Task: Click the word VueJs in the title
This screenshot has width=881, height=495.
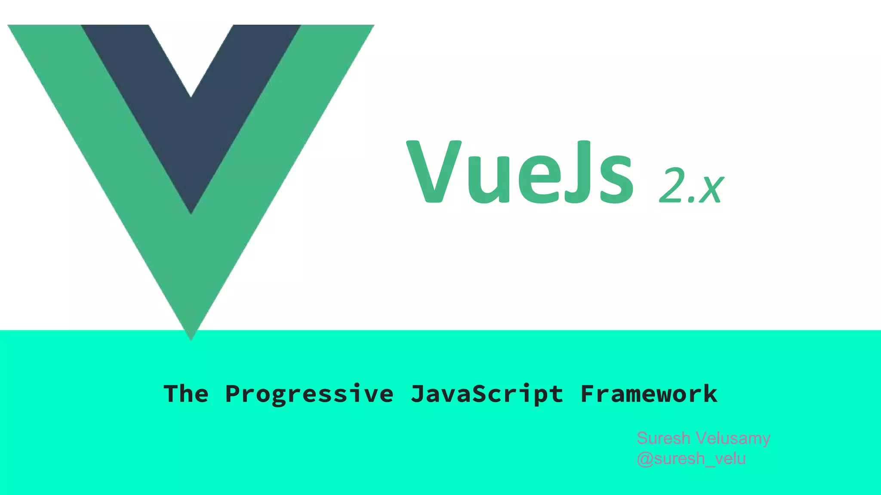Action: pyautogui.click(x=520, y=172)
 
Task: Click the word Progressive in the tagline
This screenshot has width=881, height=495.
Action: pyautogui.click(x=309, y=394)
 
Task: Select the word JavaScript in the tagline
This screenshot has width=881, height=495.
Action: pyautogui.click(x=487, y=394)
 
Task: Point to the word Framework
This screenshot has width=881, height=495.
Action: pyautogui.click(x=649, y=394)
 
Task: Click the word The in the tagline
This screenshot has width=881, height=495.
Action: pyautogui.click(x=186, y=394)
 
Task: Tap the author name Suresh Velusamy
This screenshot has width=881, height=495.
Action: pyautogui.click(x=703, y=438)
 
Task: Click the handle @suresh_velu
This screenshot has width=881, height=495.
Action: pyautogui.click(x=691, y=459)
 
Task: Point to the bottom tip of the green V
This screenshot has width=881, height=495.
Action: pyautogui.click(x=191, y=337)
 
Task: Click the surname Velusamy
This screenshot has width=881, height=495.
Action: pyautogui.click(x=733, y=438)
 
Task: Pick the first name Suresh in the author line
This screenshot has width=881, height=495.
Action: pyautogui.click(x=663, y=438)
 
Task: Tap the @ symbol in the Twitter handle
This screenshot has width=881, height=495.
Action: pyautogui.click(x=645, y=459)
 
